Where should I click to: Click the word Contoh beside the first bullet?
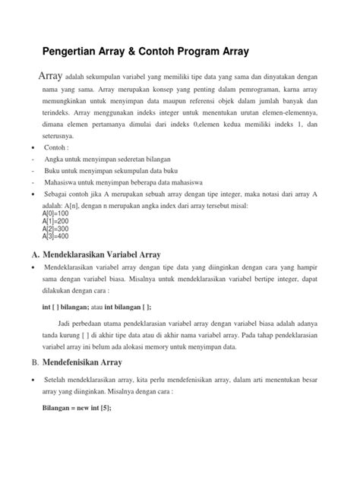tap(55, 148)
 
